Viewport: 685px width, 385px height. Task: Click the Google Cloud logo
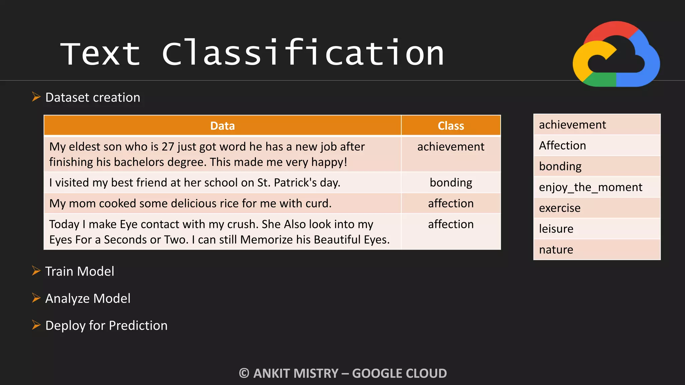616,54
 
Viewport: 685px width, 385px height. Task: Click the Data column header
222,126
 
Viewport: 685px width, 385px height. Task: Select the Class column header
451,126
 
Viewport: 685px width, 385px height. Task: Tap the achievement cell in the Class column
451,147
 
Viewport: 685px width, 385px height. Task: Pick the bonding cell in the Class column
451,183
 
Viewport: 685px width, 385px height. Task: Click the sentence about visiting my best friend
195,183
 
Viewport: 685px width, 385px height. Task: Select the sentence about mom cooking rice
190,204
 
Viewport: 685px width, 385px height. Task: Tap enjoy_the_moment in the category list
591,187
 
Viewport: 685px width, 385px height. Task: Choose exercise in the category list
560,208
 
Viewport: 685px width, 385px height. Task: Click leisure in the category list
556,229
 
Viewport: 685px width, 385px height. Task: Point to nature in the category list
556,250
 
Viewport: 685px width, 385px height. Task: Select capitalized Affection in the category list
563,146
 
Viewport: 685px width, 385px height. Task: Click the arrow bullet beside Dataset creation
36,97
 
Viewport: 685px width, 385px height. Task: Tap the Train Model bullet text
80,271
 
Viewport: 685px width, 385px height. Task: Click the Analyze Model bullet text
88,298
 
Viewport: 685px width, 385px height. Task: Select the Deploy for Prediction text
106,326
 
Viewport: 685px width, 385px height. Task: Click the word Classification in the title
303,53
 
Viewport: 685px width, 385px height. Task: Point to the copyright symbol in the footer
244,373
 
